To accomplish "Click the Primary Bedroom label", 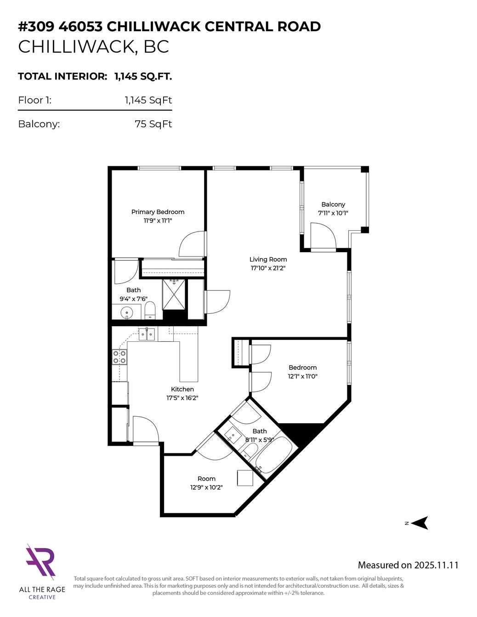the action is point(158,212).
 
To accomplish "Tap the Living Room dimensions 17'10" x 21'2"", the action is point(268,268).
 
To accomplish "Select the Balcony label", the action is point(333,204).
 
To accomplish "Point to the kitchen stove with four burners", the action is point(119,357).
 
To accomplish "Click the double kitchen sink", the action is point(147,334).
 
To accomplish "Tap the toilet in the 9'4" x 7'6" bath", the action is point(150,310).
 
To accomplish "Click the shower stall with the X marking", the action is point(174,294).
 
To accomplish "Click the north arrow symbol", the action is point(419,523).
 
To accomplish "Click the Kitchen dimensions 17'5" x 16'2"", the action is point(182,398).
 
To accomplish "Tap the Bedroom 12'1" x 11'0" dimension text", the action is point(302,376).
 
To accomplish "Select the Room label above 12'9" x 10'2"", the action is point(206,478).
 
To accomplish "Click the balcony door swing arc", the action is point(324,235).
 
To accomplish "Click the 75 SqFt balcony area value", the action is point(153,124).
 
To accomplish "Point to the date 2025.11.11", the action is point(436,565).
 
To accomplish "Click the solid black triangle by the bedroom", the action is point(301,432).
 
